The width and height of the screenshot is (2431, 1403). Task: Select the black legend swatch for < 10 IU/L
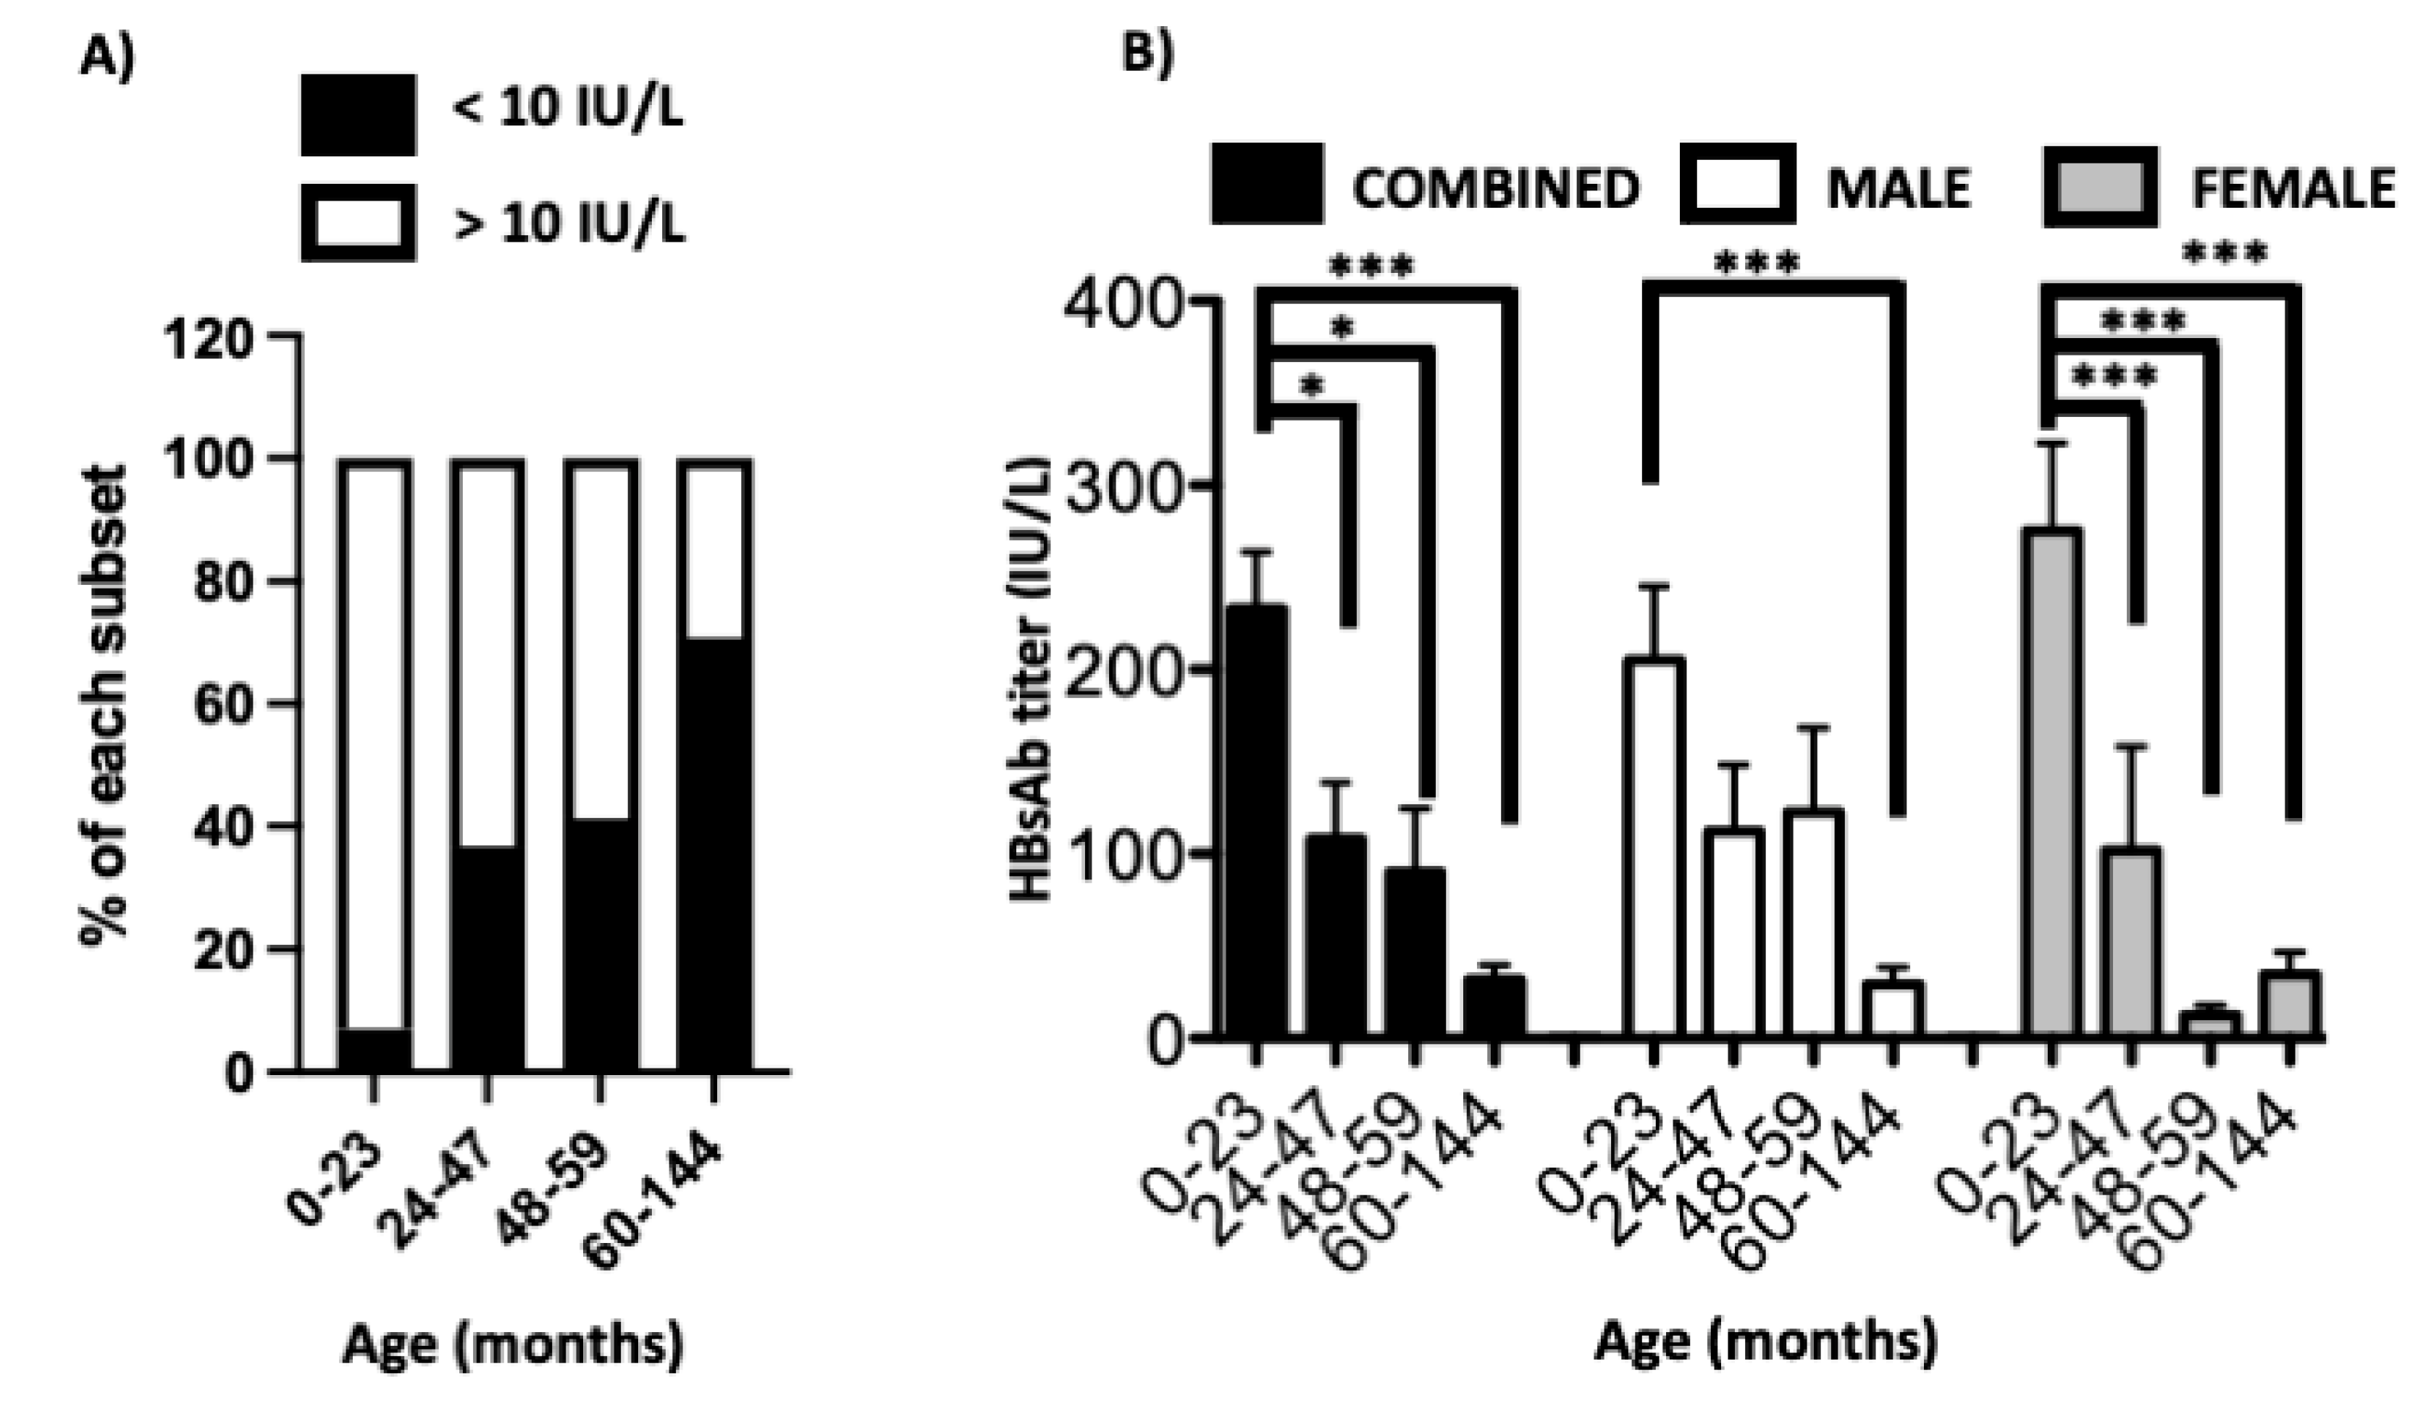pos(359,114)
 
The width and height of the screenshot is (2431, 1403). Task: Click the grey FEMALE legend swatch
pos(2099,187)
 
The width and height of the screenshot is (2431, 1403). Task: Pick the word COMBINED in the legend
pos(1495,188)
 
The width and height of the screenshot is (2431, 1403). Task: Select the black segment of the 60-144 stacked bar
pos(714,853)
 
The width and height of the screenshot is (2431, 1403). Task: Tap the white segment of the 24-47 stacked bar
pos(488,655)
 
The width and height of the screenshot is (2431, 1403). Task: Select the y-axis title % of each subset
pos(105,704)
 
